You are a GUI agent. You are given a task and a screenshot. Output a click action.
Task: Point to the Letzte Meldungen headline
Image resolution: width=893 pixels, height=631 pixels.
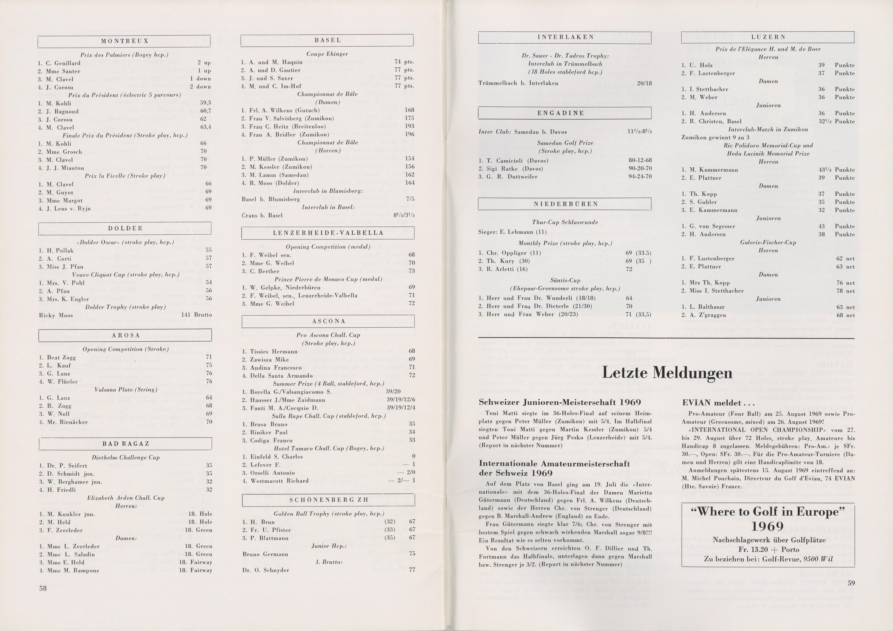click(x=667, y=373)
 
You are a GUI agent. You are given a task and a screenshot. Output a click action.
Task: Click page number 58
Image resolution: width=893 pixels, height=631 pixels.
click(x=43, y=588)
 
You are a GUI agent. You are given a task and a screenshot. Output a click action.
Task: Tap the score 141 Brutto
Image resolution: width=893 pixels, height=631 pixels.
click(x=196, y=315)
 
